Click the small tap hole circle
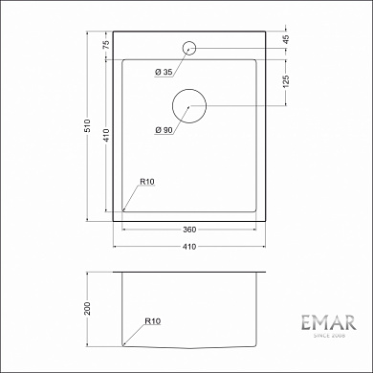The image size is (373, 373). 189,46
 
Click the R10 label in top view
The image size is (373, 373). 148,181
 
